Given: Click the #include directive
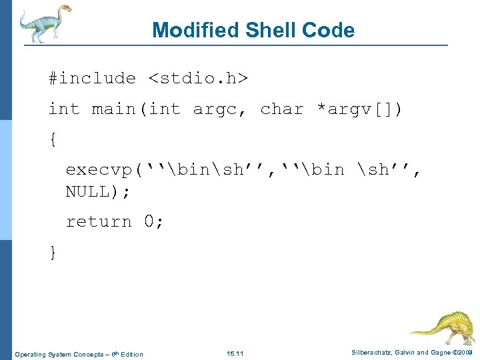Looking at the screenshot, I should (92, 79).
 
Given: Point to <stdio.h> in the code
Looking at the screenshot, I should (198, 79).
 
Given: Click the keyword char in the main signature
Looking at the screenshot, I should (281, 109).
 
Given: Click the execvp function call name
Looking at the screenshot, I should (99, 170).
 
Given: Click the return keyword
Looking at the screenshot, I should (99, 221).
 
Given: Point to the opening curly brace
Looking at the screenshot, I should (53, 139).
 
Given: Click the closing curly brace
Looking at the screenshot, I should (53, 252).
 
